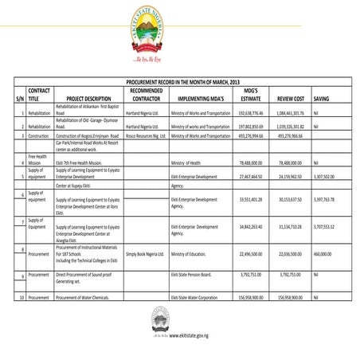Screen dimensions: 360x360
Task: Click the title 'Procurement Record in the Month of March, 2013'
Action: (x=179, y=84)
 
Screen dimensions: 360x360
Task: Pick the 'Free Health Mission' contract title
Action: (x=37, y=159)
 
